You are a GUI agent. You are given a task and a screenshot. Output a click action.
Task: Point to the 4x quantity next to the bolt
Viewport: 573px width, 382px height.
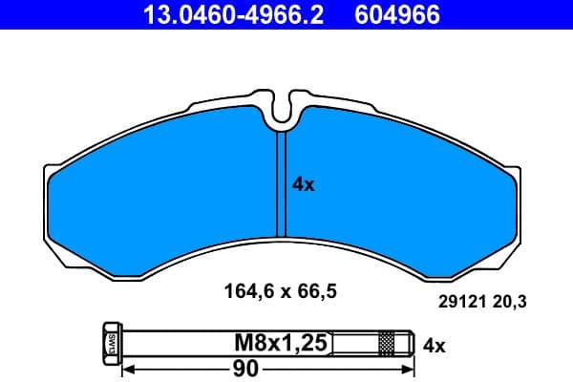pos(434,344)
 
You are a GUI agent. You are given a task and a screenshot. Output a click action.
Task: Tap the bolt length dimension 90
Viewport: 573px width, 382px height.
pos(247,367)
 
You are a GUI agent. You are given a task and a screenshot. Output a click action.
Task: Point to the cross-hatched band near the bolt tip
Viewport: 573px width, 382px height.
pos(386,342)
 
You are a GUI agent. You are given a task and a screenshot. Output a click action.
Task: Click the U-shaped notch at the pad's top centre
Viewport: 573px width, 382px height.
pos(281,116)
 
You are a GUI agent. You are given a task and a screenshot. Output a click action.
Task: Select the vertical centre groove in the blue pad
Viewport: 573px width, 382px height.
pos(281,186)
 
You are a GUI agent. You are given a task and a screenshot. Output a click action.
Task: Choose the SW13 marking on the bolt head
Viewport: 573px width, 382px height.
pos(110,342)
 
